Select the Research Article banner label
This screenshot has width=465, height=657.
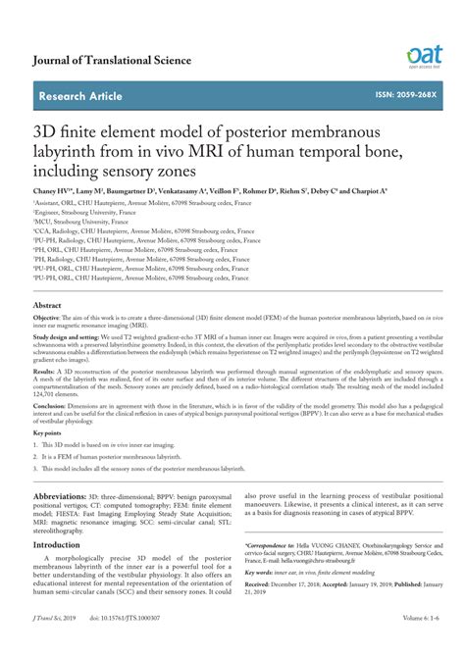pyautogui.click(x=80, y=96)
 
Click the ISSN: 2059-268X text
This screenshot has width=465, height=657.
pyautogui.click(x=403, y=95)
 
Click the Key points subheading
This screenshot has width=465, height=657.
pyautogui.click(x=47, y=431)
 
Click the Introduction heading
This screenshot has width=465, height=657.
pyautogui.click(x=63, y=544)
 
